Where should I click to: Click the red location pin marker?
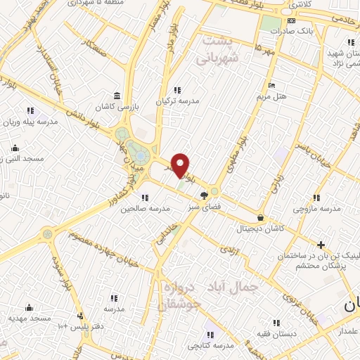click(x=181, y=165)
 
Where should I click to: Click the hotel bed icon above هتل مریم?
click(x=271, y=85)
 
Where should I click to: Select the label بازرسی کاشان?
click(x=117, y=107)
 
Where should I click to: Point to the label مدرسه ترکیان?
click(x=177, y=101)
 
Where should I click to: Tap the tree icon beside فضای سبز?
click(x=204, y=195)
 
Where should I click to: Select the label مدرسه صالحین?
click(x=146, y=209)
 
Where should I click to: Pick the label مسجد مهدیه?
click(x=30, y=319)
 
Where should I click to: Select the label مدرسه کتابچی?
click(x=210, y=347)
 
